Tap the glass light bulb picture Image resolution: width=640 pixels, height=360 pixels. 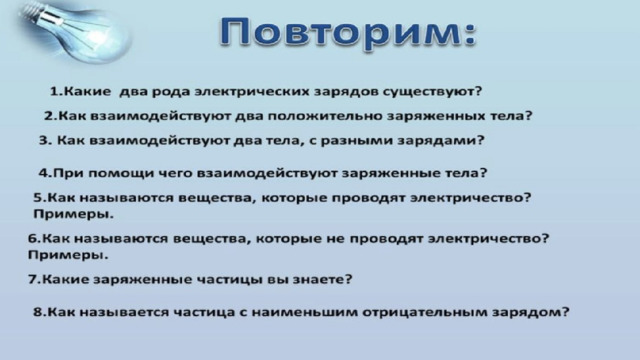coord(76,31)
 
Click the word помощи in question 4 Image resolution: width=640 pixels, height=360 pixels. coord(120,173)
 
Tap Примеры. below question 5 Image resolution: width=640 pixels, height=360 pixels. coord(73,215)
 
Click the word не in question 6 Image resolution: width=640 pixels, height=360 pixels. coord(336,239)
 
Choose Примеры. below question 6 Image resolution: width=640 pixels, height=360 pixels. coord(68,256)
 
